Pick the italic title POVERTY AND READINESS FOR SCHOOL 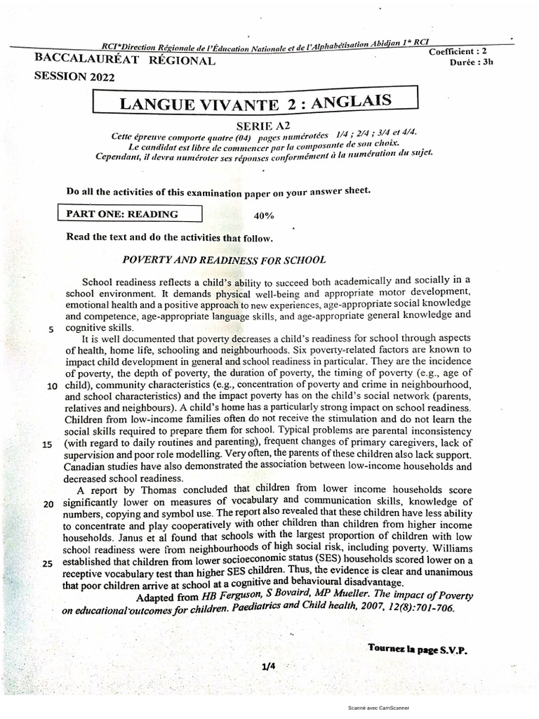tap(224, 260)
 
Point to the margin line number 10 tap(52, 387)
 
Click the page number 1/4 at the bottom tap(267, 668)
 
